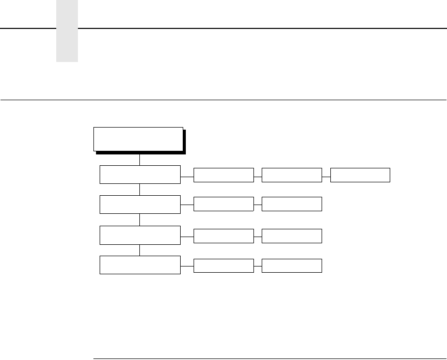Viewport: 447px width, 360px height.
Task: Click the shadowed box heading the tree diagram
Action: click(x=138, y=139)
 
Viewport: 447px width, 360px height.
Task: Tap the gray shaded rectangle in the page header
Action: click(x=67, y=31)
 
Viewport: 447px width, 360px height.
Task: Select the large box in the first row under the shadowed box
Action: click(x=140, y=175)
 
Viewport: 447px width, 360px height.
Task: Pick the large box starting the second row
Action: click(x=140, y=205)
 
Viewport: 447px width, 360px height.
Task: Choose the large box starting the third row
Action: click(x=140, y=235)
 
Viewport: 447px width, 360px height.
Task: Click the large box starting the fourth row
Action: click(x=140, y=265)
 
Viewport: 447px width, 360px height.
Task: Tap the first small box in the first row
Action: click(x=223, y=175)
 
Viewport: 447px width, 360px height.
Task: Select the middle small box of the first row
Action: click(x=292, y=175)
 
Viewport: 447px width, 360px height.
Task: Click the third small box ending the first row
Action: click(x=360, y=175)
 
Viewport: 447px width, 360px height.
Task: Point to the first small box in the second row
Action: click(x=223, y=205)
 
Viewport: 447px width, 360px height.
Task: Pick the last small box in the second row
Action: click(x=292, y=205)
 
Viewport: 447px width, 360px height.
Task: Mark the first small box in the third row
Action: click(x=223, y=236)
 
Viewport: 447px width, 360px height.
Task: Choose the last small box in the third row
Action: click(x=292, y=236)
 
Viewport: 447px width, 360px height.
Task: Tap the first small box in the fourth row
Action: click(x=223, y=265)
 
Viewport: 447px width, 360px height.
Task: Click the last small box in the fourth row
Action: click(x=292, y=265)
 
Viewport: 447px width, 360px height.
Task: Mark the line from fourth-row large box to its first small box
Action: click(x=187, y=265)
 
